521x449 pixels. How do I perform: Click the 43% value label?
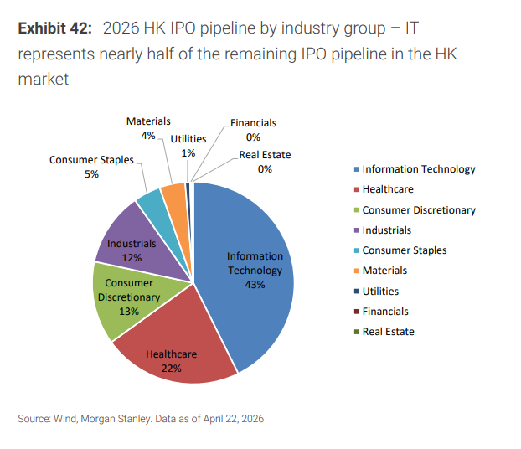pyautogui.click(x=255, y=285)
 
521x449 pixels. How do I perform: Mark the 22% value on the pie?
pyautogui.click(x=171, y=368)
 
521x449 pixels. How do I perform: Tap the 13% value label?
pyautogui.click(x=128, y=311)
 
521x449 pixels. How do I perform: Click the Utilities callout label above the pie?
pyautogui.click(x=188, y=139)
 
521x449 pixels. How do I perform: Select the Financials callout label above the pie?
pyautogui.click(x=253, y=123)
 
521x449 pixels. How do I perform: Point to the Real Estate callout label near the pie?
pyautogui.click(x=265, y=155)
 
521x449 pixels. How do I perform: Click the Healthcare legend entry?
pyautogui.click(x=387, y=189)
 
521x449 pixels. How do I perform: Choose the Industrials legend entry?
pyautogui.click(x=386, y=230)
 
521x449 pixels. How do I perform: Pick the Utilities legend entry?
pyautogui.click(x=380, y=292)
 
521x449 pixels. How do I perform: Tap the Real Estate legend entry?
pyautogui.click(x=388, y=332)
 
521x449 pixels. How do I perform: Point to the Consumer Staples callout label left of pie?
pyautogui.click(x=91, y=160)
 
